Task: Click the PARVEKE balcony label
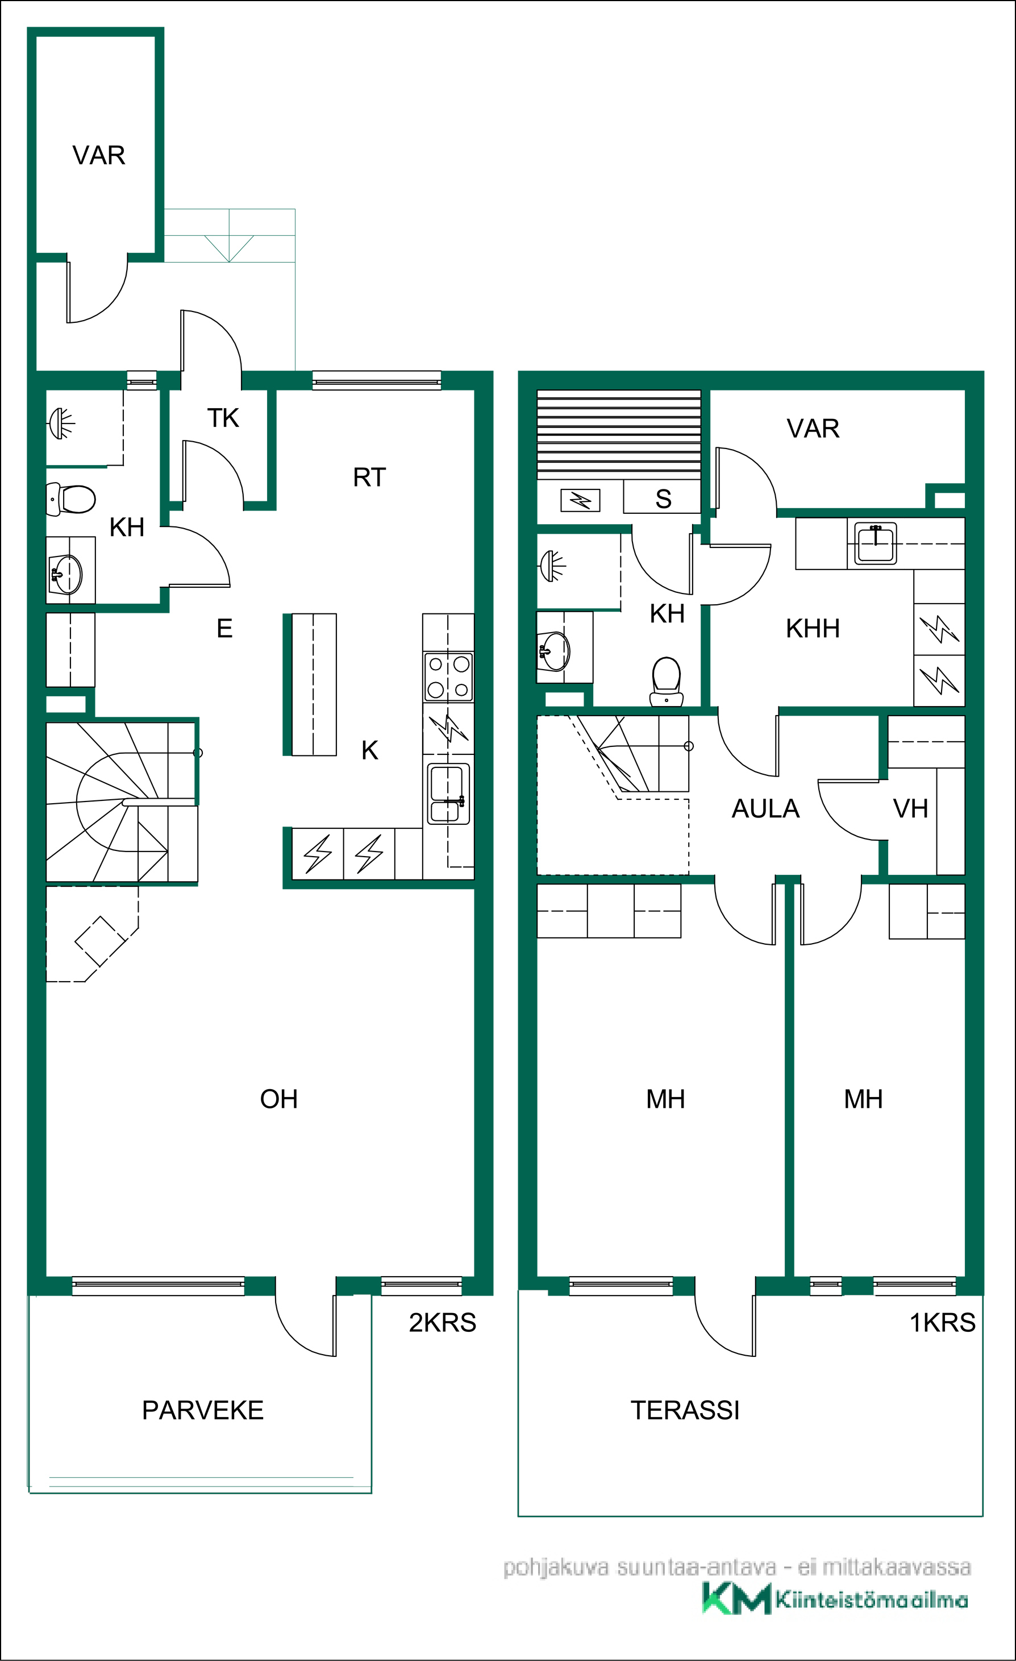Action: [203, 1410]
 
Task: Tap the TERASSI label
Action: [685, 1410]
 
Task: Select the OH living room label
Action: [279, 1099]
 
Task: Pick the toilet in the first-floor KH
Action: [667, 682]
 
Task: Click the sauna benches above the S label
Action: [618, 435]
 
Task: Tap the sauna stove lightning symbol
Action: [581, 500]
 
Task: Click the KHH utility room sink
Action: [875, 543]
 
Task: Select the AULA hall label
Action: [765, 809]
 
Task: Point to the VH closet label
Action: [910, 809]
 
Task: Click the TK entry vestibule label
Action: [223, 418]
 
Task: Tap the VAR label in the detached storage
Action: [98, 155]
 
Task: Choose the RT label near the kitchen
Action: [369, 477]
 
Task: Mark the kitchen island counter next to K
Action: [313, 684]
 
